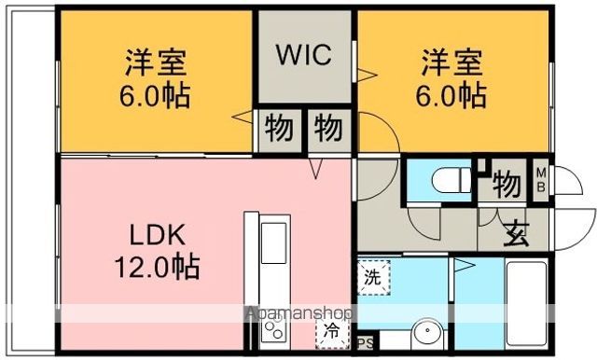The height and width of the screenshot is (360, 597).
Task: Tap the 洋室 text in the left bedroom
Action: (x=157, y=64)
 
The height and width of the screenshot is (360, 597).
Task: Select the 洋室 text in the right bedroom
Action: (x=451, y=64)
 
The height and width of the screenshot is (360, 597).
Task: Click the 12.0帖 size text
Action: (x=156, y=269)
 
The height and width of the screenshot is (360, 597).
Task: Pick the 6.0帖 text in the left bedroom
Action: (x=157, y=95)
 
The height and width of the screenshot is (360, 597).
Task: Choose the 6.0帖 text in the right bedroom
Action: (x=451, y=95)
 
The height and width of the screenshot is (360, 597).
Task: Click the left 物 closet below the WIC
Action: (x=278, y=129)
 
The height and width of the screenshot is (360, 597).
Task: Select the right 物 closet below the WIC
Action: (x=326, y=129)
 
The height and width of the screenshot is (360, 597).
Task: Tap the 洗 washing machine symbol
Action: (x=372, y=277)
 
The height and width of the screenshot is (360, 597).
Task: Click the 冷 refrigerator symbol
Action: (x=331, y=331)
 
